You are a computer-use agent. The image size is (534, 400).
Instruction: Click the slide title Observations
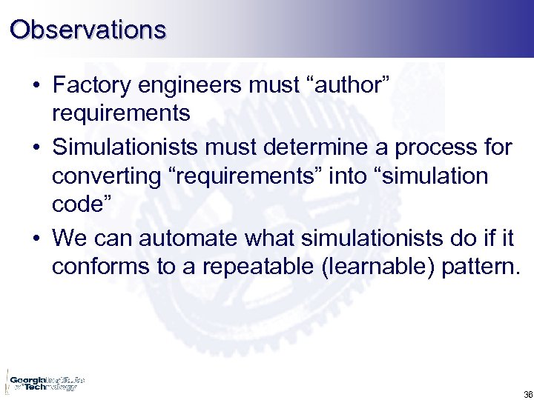(x=88, y=30)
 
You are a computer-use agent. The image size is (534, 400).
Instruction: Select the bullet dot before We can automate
(x=36, y=239)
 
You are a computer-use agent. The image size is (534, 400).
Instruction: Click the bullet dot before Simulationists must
(x=36, y=148)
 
